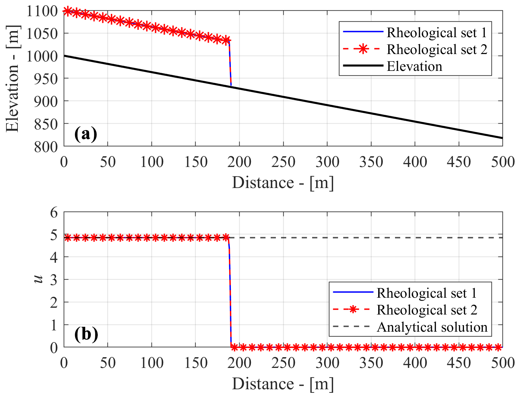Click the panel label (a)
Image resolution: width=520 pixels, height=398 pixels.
[85, 134]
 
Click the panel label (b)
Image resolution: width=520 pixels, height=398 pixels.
[86, 334]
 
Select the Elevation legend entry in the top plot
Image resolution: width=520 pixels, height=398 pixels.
[414, 66]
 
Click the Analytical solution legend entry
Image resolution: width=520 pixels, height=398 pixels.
[432, 327]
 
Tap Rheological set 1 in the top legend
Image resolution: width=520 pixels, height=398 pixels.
[436, 32]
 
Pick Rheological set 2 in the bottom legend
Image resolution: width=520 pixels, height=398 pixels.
[427, 310]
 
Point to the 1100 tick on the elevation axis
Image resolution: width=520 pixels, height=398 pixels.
[42, 11]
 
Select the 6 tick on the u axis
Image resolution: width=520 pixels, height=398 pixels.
[54, 212]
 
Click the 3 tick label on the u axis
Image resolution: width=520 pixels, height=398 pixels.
[54, 280]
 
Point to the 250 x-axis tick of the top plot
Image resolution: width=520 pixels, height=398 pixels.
[283, 162]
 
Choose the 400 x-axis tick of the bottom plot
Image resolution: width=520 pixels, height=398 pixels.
[415, 363]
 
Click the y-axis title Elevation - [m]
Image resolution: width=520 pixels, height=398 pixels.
[12, 78]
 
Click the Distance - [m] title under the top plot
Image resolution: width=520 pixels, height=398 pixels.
[283, 183]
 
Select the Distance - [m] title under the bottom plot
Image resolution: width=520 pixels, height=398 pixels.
[283, 384]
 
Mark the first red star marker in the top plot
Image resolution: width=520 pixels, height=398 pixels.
[67, 11]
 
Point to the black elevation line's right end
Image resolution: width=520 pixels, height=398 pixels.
[502, 138]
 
